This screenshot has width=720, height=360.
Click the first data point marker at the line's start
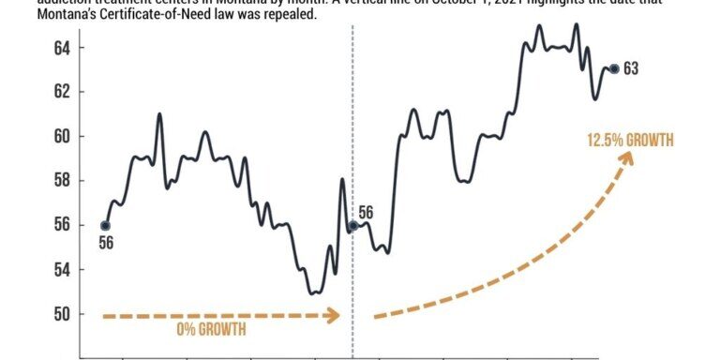105,225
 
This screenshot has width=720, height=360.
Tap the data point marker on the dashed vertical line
352,226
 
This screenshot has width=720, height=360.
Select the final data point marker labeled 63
614,68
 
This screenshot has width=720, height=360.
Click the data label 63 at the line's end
630,68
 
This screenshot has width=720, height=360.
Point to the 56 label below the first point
106,244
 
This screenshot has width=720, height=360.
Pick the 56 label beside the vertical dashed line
366,213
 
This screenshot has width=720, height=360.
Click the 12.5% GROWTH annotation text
630,141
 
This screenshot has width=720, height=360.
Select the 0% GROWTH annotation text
212,330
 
